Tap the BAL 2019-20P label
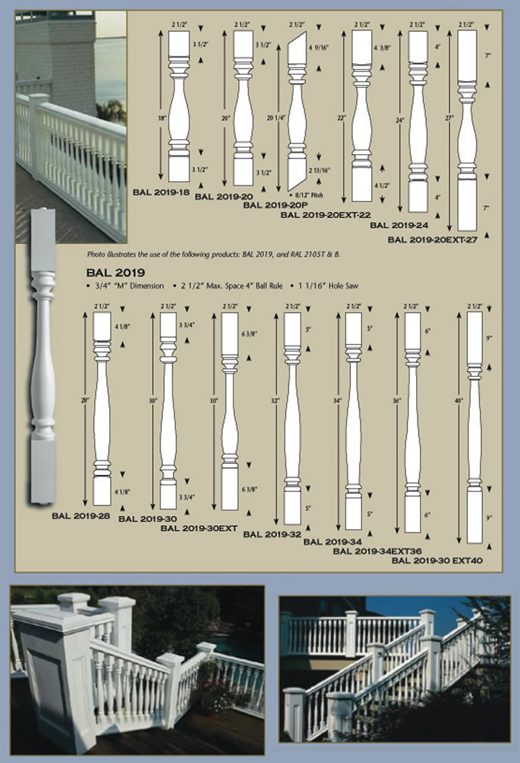pos(276,204)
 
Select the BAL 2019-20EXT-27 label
pos(437,239)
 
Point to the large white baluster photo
pos(43,357)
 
